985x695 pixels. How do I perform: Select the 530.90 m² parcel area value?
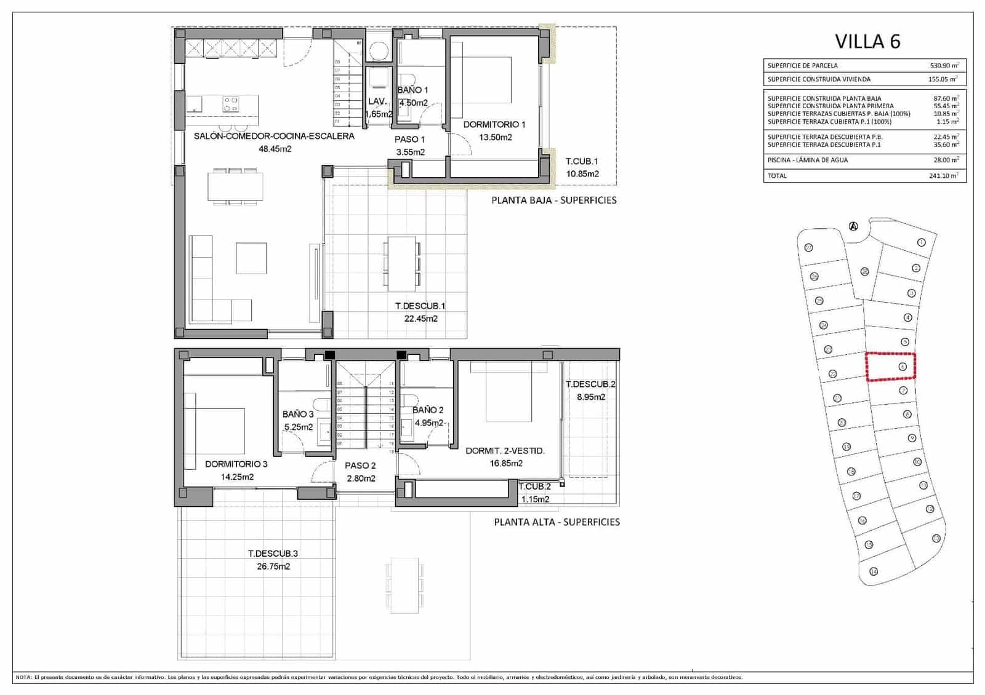[x=944, y=65]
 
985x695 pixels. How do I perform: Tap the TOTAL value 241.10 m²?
[x=943, y=176]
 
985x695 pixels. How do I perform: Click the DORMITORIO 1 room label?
[x=494, y=125]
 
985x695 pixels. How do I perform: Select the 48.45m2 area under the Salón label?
[x=275, y=149]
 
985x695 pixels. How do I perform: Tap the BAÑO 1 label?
[x=412, y=90]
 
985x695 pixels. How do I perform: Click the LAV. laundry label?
[x=377, y=101]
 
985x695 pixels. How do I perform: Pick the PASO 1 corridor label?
[x=409, y=140]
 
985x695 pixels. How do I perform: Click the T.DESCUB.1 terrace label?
[x=420, y=306]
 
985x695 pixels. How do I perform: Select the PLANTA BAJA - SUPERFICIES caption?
[x=553, y=201]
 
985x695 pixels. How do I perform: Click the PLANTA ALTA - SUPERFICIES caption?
[x=557, y=522]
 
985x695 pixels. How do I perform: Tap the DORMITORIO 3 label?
[x=236, y=464]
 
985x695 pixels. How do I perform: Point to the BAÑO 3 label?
[x=298, y=415]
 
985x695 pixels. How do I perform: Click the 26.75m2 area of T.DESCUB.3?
[x=273, y=566]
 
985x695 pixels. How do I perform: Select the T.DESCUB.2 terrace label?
[x=590, y=384]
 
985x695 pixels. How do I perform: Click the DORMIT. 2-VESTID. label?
[x=505, y=451]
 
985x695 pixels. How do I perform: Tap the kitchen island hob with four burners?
[x=231, y=104]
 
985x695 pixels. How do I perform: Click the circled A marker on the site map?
[x=853, y=226]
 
